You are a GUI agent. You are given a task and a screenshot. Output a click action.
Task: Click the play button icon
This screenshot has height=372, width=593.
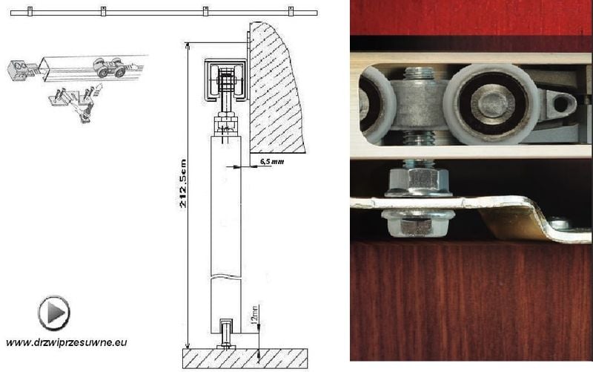click(54, 312)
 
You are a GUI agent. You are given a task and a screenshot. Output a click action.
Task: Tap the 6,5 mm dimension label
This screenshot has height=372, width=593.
click(272, 160)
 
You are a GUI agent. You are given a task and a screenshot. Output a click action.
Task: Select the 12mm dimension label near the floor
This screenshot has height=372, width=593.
click(254, 324)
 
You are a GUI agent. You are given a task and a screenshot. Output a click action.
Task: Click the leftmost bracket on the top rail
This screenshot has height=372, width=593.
click(30, 13)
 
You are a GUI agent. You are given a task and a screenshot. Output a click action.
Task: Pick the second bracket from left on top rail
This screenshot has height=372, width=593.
click(103, 12)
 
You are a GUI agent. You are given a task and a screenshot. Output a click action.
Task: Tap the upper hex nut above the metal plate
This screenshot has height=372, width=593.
click(416, 179)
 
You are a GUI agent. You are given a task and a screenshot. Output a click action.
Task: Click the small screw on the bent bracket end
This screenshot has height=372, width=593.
click(560, 222)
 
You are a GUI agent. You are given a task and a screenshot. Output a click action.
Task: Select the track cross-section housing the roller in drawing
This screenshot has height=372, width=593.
click(225, 78)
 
